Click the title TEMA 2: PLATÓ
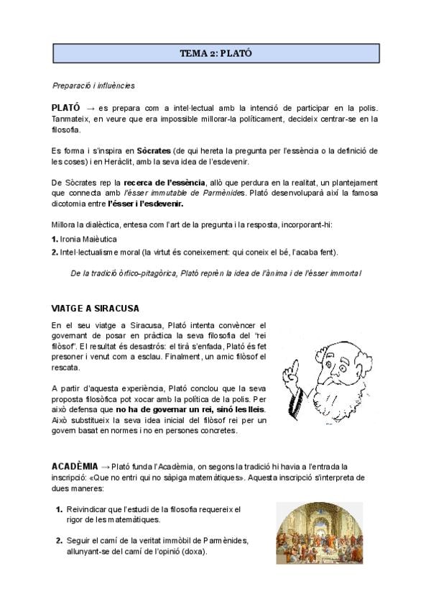pos(215,53)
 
